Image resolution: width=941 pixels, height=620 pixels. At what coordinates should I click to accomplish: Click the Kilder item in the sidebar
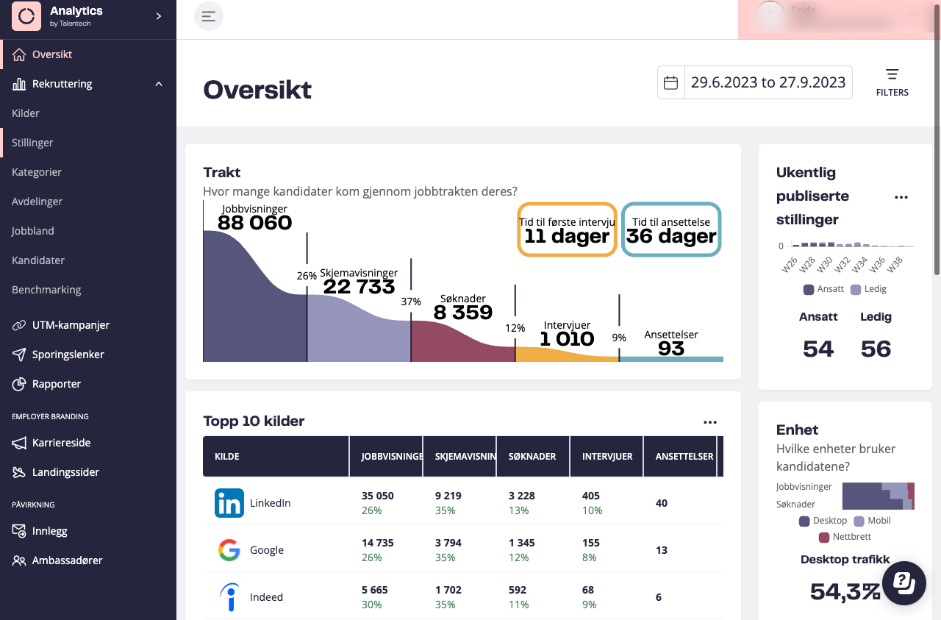pos(26,113)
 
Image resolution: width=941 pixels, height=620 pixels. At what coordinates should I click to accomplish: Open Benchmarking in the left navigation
pos(46,290)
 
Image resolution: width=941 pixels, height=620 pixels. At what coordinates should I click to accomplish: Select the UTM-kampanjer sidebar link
pos(71,325)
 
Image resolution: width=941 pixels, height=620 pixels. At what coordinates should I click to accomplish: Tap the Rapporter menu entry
pos(57,384)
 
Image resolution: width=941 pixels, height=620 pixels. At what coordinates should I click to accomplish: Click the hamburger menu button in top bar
pos(209,16)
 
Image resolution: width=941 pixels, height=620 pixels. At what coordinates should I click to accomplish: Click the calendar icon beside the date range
pos(670,82)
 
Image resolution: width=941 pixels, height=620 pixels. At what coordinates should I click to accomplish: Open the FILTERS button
pos(892,82)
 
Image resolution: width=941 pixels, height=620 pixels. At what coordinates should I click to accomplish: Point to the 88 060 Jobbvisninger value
pos(254,222)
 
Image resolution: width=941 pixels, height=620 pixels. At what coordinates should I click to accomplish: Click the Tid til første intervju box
pos(566,229)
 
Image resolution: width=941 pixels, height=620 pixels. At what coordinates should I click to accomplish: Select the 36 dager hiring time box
pos(670,229)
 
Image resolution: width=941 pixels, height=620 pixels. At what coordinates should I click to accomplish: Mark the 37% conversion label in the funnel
pos(411,302)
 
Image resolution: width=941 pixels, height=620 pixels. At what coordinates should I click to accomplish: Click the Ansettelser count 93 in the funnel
pos(671,348)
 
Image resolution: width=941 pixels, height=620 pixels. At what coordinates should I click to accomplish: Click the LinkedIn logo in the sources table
pos(229,503)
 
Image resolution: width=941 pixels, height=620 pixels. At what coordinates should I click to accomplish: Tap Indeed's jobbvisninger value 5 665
pos(375,590)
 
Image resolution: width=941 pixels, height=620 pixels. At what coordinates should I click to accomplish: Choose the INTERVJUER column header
pos(607,456)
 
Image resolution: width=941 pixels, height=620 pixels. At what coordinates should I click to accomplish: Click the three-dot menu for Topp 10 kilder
pos(709,422)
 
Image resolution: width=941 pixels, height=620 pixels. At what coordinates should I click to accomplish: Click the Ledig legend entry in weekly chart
pos(869,289)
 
